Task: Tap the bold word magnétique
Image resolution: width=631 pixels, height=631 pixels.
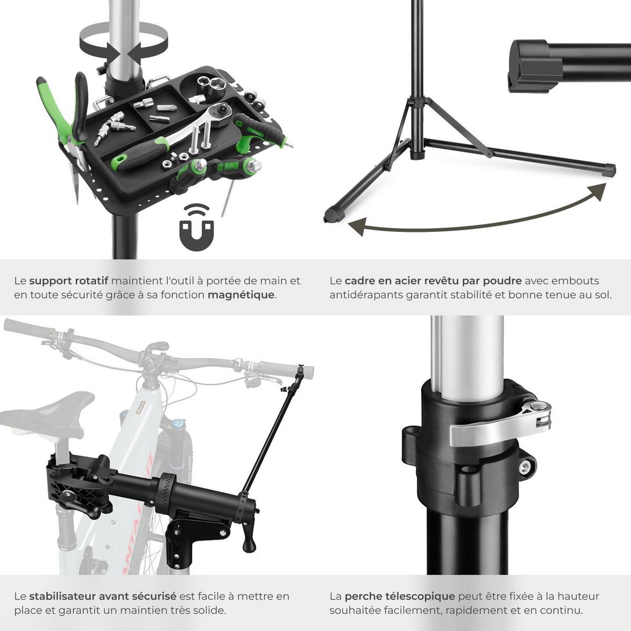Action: tap(241, 295)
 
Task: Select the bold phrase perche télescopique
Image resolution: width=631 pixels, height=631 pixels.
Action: tap(400, 596)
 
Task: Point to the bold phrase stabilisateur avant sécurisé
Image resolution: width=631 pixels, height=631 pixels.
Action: tap(103, 596)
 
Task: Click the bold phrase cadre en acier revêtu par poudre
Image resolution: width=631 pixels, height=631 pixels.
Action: tap(433, 281)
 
